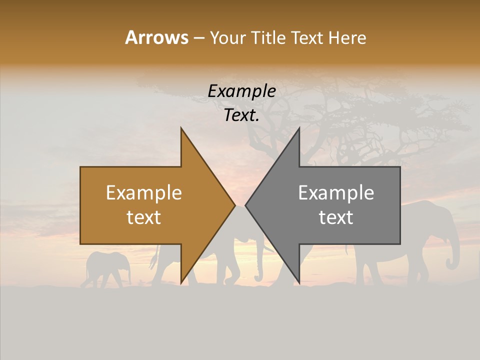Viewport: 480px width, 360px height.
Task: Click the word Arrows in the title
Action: tap(156, 37)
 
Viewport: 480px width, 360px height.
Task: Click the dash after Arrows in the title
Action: tap(198, 38)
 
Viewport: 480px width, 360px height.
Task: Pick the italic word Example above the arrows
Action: tap(241, 91)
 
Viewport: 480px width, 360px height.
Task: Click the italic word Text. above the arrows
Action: tap(241, 115)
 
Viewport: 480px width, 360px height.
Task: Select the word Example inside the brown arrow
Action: tap(144, 193)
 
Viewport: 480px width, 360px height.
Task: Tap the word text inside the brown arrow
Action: tap(144, 217)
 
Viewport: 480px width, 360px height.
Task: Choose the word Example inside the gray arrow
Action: tap(336, 193)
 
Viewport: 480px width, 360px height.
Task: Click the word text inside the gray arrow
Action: tap(336, 217)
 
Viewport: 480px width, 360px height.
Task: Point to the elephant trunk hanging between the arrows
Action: tap(258, 265)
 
